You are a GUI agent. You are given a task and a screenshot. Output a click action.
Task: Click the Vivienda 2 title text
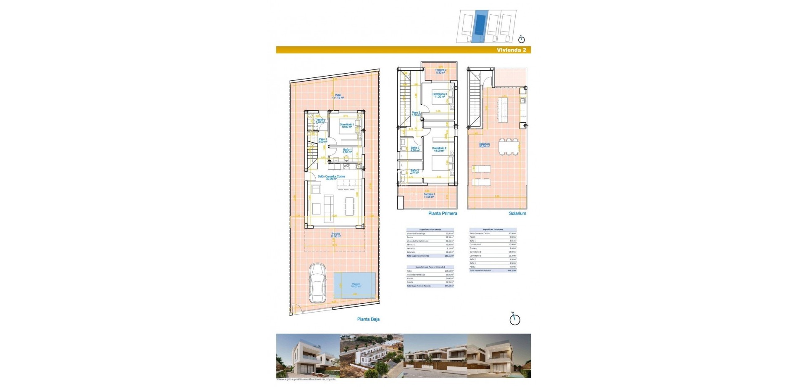(511, 50)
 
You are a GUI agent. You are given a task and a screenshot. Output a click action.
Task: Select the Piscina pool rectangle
(355, 285)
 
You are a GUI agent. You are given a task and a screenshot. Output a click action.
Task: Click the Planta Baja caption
(368, 319)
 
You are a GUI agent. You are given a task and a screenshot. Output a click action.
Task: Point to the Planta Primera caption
(443, 213)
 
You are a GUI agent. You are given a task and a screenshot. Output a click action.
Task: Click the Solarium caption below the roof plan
(517, 213)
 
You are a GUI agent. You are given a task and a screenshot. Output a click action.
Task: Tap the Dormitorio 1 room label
(347, 126)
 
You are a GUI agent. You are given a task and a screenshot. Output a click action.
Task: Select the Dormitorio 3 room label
(440, 95)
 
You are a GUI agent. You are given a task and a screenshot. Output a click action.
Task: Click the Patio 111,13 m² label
(338, 96)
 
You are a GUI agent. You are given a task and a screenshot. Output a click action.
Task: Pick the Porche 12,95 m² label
(336, 235)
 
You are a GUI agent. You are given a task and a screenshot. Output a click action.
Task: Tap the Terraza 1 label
(429, 196)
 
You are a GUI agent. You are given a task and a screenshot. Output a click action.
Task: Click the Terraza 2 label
(440, 72)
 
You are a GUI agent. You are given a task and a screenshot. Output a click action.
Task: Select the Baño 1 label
(347, 151)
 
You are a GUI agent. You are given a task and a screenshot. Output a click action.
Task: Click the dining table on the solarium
(508, 147)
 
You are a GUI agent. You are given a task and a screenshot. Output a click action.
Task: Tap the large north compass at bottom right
(514, 319)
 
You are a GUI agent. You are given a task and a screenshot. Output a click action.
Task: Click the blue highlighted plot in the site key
(478, 27)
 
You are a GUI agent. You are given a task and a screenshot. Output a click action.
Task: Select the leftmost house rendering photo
(308, 356)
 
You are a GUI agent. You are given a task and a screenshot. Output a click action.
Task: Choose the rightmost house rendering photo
(499, 356)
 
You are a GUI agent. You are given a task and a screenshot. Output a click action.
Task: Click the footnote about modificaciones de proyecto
(306, 379)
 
